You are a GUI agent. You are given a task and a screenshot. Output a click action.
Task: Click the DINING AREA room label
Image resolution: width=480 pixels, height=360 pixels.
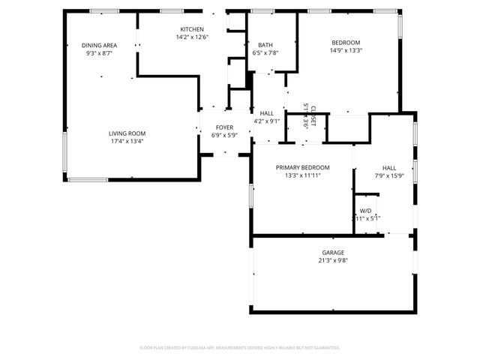click(99, 46)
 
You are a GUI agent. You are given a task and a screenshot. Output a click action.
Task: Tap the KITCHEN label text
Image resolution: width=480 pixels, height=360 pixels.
click(192, 29)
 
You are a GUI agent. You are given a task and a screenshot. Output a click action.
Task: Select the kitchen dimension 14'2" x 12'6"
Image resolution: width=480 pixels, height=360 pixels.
click(192, 37)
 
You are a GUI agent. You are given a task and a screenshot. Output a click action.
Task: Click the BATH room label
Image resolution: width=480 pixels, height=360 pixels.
click(265, 45)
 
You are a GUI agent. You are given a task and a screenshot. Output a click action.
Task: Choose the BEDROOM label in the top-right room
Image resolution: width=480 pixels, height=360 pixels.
click(346, 43)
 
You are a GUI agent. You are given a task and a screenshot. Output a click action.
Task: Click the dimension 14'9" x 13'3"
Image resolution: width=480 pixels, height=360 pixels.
click(346, 51)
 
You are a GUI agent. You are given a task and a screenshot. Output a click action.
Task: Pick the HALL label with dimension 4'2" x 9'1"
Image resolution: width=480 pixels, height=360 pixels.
click(266, 112)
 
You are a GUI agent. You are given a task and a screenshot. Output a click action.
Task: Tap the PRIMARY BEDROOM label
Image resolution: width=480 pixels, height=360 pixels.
click(303, 167)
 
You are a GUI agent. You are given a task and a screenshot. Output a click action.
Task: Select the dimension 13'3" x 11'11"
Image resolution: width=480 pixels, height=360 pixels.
click(303, 175)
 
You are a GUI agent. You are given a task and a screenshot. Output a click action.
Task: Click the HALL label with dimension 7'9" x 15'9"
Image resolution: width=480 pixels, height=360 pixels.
click(389, 168)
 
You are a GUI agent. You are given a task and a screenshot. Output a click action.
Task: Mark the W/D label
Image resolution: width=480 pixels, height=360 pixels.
click(366, 211)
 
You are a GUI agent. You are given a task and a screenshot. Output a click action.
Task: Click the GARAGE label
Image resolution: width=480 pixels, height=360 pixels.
click(333, 253)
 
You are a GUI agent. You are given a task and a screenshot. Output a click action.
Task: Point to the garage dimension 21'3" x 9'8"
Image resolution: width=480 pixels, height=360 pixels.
click(333, 261)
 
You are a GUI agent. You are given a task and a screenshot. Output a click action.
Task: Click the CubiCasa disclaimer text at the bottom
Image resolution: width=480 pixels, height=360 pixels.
click(240, 348)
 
